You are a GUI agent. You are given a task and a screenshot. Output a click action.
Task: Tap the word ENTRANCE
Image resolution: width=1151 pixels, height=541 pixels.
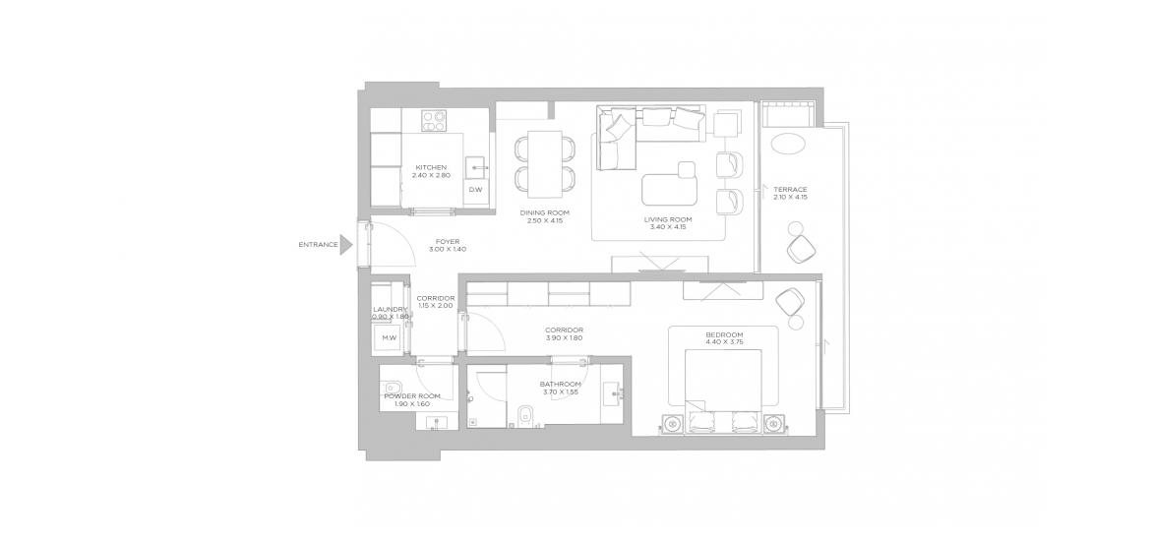click(x=318, y=245)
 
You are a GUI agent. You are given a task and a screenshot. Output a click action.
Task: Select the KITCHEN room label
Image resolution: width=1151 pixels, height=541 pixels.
click(x=431, y=167)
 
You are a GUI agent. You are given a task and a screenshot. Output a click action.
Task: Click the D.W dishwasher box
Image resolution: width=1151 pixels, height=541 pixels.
click(x=476, y=190)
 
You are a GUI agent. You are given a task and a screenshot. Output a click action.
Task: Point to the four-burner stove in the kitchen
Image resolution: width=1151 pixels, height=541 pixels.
click(x=434, y=120)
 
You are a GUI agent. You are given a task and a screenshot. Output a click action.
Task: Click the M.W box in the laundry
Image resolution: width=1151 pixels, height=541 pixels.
click(x=389, y=338)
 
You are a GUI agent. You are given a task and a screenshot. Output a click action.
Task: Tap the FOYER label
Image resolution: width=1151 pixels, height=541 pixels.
click(x=447, y=241)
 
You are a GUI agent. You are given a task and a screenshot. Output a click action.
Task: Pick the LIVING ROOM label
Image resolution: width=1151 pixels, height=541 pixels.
click(x=668, y=218)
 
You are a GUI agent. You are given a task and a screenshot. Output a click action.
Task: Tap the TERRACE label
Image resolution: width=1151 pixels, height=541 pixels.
click(x=795, y=190)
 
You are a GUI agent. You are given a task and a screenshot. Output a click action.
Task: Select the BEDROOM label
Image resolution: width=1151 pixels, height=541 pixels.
click(x=724, y=334)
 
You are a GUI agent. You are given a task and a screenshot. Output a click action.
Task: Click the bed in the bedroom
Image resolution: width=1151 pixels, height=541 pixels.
click(x=723, y=392)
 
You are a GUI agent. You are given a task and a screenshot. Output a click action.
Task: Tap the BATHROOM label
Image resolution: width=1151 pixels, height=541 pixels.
click(x=560, y=384)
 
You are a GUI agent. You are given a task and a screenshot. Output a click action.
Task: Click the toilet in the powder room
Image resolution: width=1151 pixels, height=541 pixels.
click(x=391, y=387)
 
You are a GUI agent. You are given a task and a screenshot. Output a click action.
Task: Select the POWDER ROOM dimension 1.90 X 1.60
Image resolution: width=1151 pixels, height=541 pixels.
click(x=412, y=403)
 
